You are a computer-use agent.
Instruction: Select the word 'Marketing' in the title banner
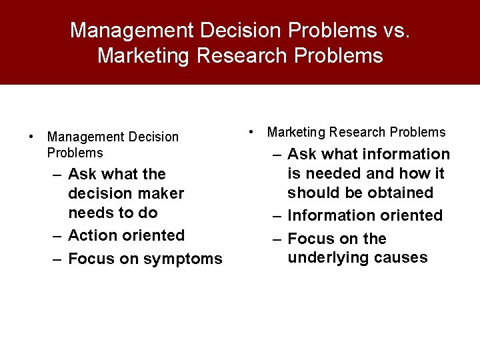[143, 55]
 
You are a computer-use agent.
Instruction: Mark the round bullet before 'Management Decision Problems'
[31, 137]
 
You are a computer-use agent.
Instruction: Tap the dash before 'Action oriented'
[58, 235]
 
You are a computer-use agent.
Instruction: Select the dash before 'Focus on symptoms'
[58, 259]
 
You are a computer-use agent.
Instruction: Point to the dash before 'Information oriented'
[277, 215]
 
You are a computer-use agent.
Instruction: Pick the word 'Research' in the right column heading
[354, 132]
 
